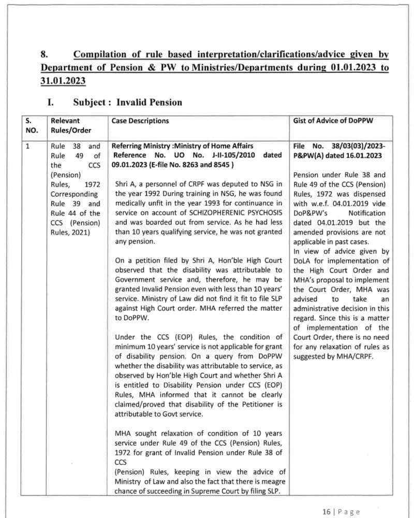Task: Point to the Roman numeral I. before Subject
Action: pyautogui.click(x=52, y=102)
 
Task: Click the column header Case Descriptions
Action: pyautogui.click(x=140, y=121)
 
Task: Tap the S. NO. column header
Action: pyautogui.click(x=32, y=125)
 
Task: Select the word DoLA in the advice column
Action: pyautogui.click(x=303, y=261)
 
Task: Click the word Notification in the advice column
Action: pyautogui.click(x=367, y=213)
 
